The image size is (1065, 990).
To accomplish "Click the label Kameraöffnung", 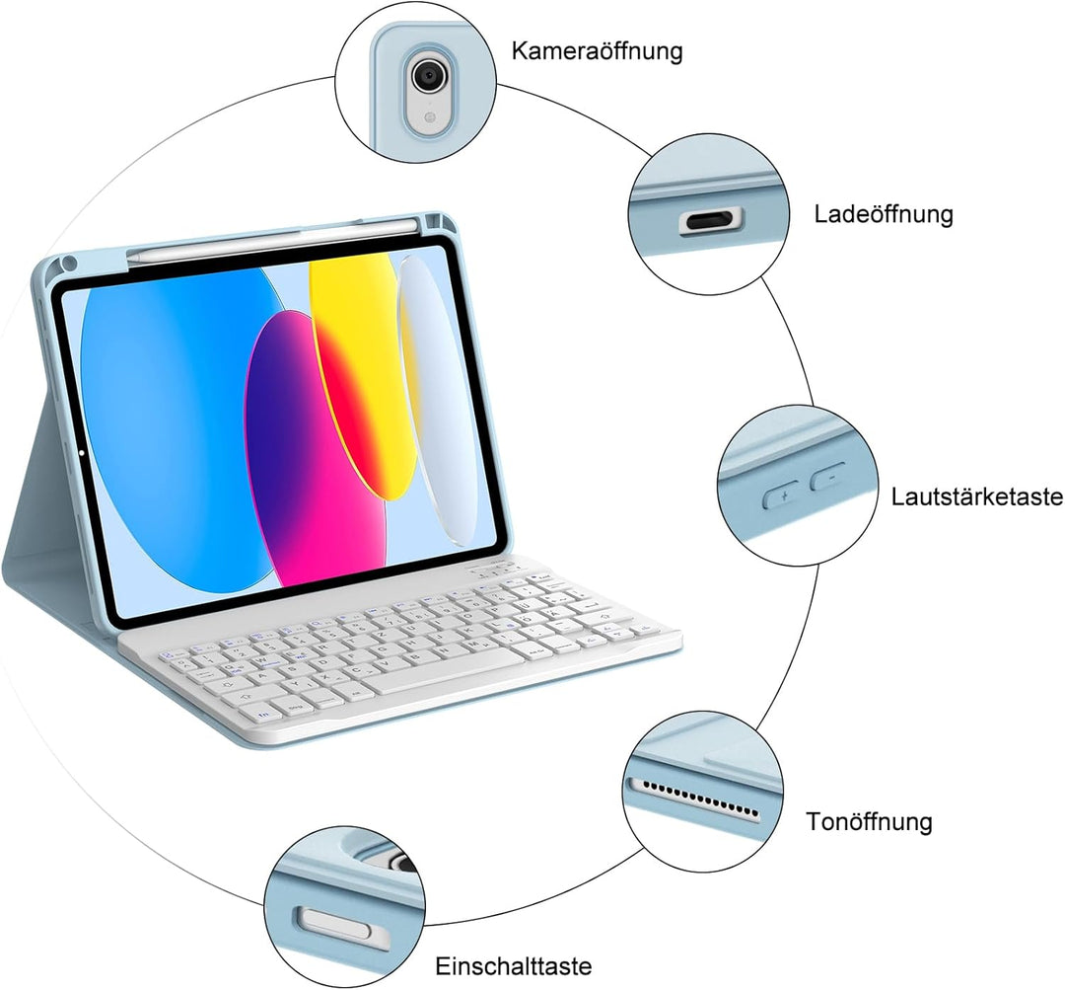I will click(597, 50).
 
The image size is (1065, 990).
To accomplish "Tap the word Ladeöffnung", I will click(884, 214).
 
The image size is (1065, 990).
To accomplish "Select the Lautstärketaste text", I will click(976, 495).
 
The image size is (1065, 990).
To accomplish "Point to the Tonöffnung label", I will click(868, 821).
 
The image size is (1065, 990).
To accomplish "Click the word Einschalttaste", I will click(514, 965).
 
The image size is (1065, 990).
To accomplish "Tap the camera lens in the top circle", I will click(427, 74).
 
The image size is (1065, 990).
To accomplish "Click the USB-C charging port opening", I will click(711, 221).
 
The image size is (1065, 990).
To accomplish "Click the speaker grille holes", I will click(696, 797).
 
